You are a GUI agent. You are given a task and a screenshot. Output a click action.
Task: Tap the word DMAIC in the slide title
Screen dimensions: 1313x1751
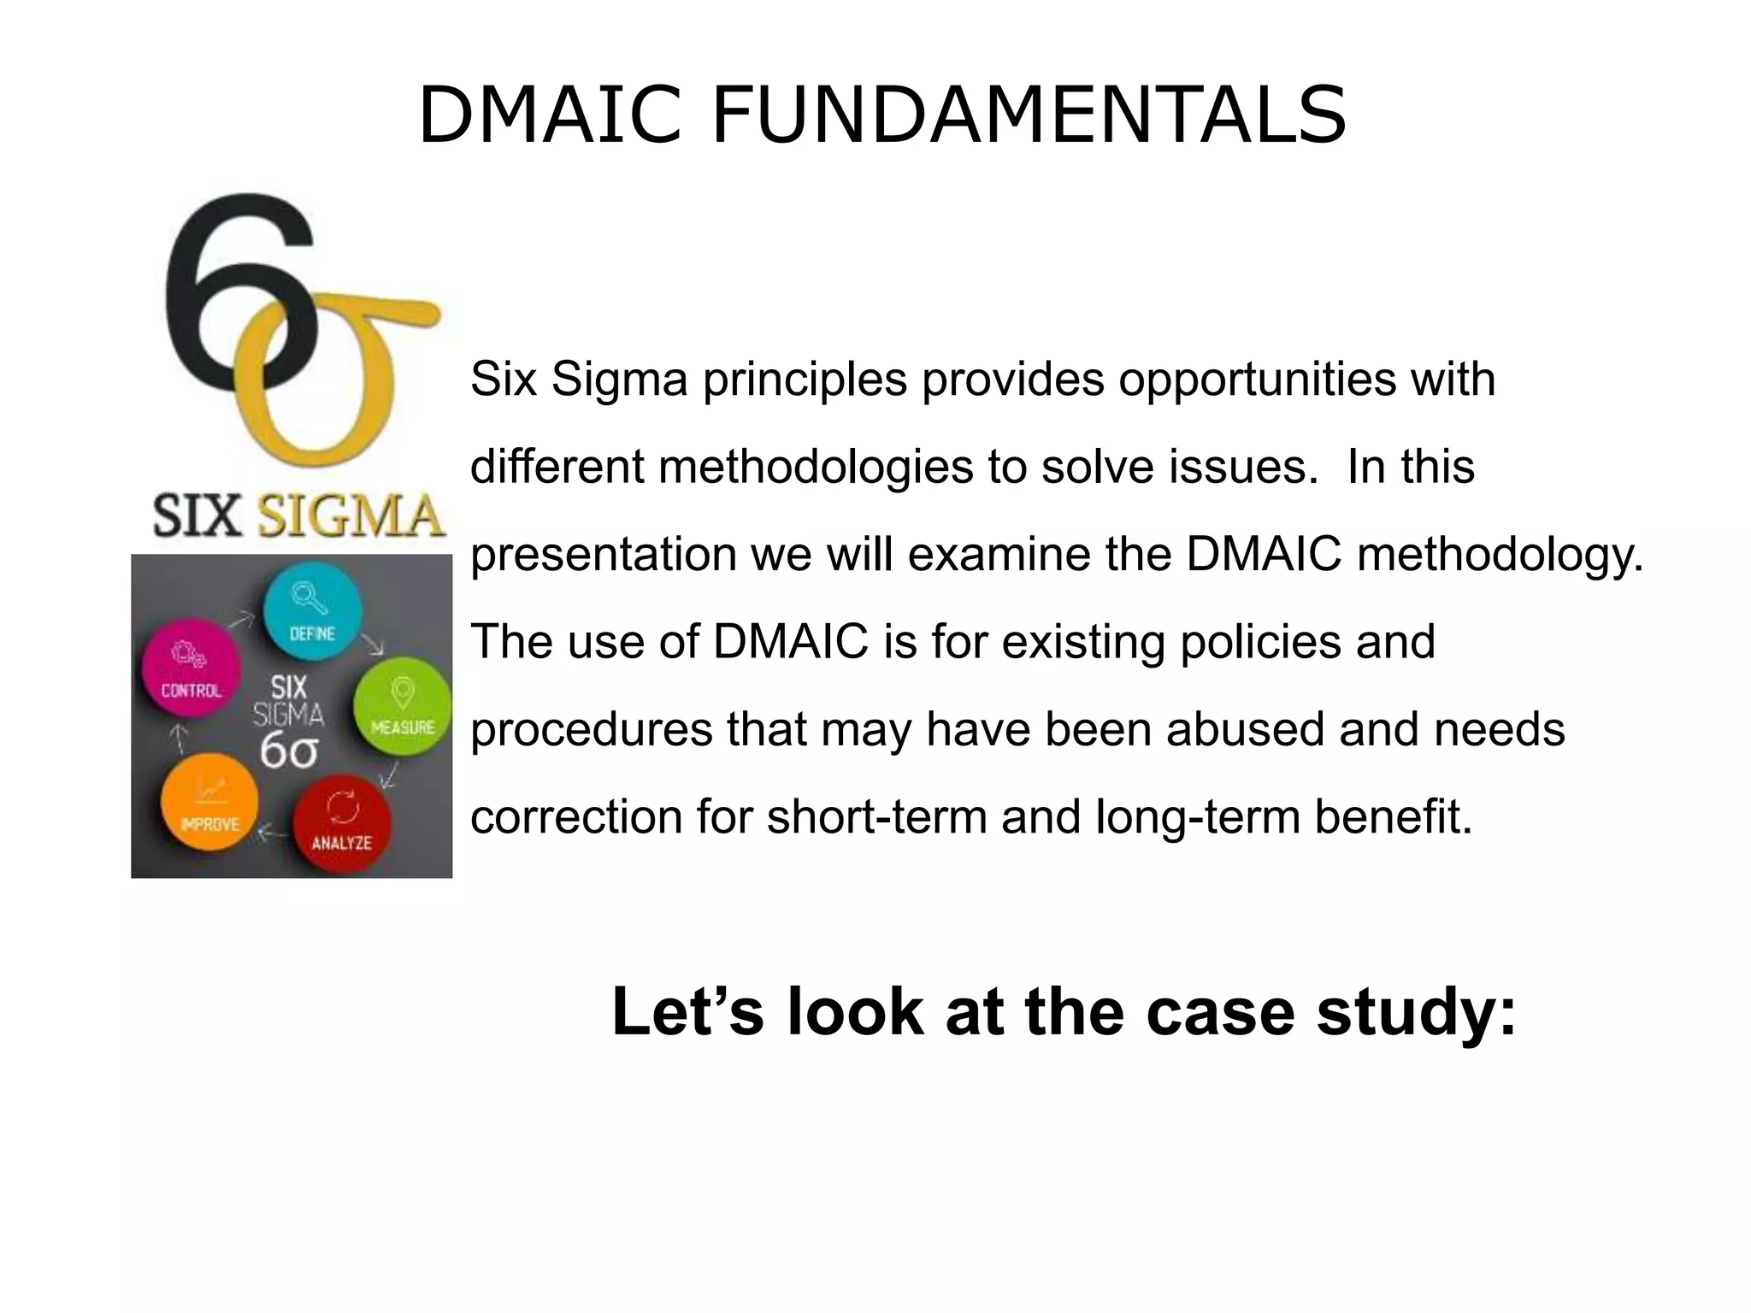(550, 115)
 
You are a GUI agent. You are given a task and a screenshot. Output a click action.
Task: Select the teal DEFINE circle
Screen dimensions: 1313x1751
(312, 610)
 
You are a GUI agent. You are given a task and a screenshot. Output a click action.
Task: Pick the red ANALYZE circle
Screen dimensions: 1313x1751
(342, 822)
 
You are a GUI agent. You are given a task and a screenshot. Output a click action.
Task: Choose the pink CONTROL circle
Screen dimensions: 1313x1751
(192, 668)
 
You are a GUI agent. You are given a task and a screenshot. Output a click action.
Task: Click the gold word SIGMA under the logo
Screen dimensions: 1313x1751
(351, 515)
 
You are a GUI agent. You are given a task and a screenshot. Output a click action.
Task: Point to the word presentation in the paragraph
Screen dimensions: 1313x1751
(603, 554)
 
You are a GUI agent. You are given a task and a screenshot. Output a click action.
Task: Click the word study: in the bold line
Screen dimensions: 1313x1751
(1416, 1012)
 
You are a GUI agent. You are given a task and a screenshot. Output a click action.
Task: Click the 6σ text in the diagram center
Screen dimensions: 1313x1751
(289, 751)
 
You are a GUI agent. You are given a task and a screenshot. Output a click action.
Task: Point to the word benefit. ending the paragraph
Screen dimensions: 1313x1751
(1393, 816)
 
